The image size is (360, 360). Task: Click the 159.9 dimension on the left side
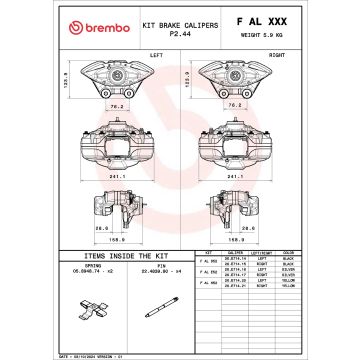(x=117, y=239)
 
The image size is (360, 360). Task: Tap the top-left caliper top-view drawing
(x=118, y=74)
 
